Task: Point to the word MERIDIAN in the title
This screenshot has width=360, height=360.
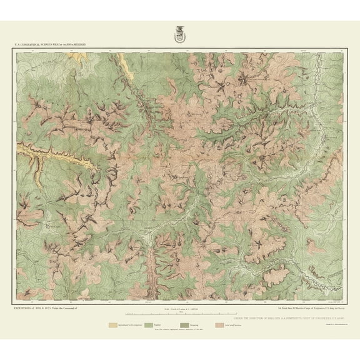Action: click(89, 45)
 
